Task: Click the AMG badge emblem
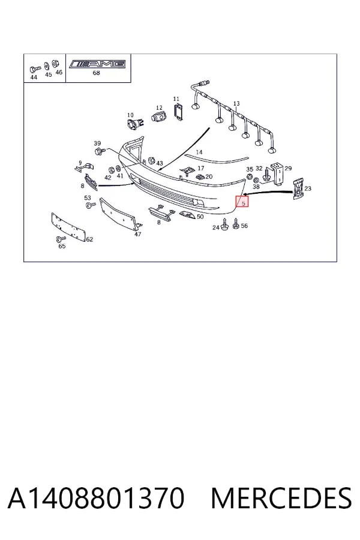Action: click(97, 64)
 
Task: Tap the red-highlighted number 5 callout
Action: click(242, 202)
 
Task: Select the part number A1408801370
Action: click(96, 498)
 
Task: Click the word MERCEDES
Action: click(281, 498)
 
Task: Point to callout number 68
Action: click(96, 73)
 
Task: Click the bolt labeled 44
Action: click(35, 69)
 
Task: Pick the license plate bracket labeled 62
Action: click(68, 227)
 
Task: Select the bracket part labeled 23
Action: click(298, 189)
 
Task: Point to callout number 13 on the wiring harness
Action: click(236, 104)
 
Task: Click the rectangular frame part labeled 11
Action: click(178, 112)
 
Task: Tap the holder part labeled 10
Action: click(133, 124)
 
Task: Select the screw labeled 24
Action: click(225, 224)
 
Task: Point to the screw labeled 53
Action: click(91, 205)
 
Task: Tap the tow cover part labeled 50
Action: click(187, 215)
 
